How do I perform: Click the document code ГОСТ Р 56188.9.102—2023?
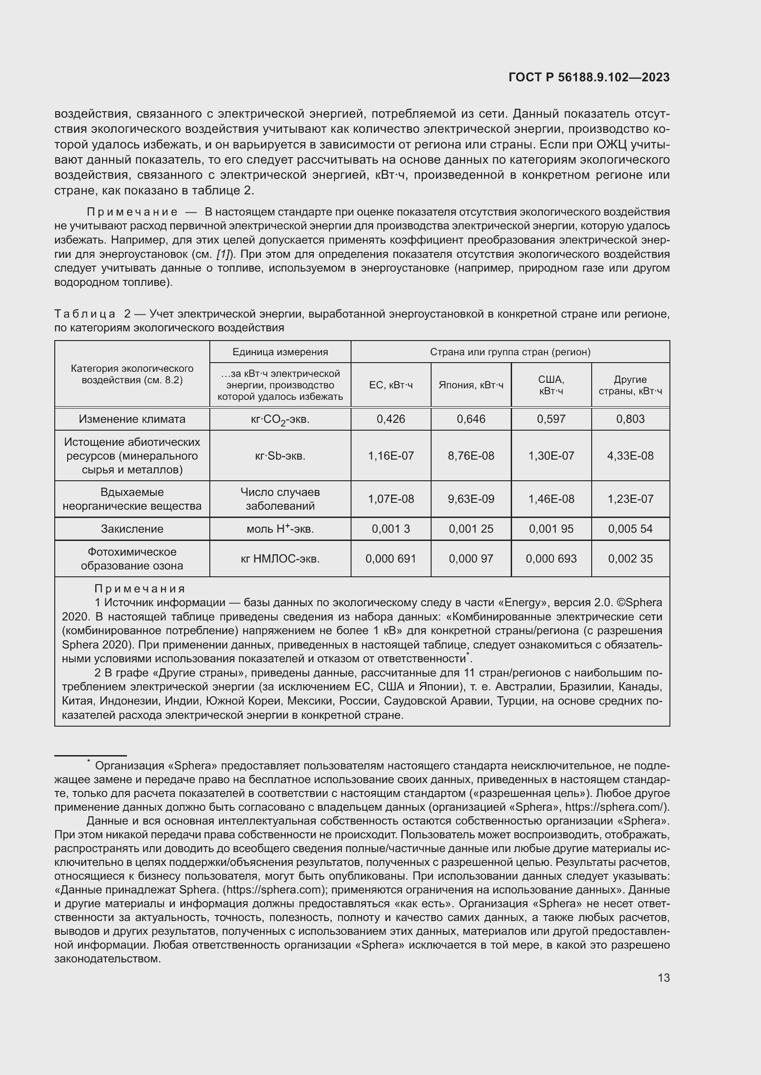click(x=588, y=78)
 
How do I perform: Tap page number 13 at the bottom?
click(x=663, y=978)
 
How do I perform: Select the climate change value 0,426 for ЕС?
click(x=390, y=419)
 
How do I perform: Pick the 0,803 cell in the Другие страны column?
click(x=630, y=419)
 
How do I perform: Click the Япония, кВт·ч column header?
click(x=471, y=385)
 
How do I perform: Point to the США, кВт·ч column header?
click(x=551, y=385)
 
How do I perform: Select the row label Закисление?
click(x=132, y=529)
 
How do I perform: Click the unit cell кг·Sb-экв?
click(x=280, y=455)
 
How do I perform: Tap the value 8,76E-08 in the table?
click(x=471, y=455)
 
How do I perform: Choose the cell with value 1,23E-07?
click(x=630, y=499)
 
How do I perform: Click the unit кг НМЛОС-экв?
click(x=280, y=558)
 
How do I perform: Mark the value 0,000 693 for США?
click(x=551, y=558)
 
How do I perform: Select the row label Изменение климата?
click(x=132, y=419)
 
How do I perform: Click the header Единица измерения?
click(x=280, y=352)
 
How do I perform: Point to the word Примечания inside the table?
click(x=140, y=589)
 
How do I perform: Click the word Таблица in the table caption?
click(x=85, y=314)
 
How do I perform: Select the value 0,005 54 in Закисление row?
click(x=630, y=529)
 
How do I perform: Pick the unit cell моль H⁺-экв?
click(x=280, y=529)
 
